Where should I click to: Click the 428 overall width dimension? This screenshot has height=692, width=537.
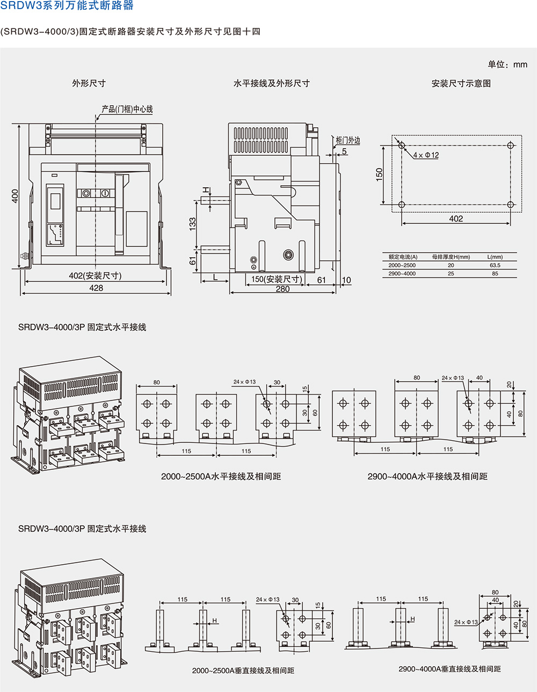click(96, 288)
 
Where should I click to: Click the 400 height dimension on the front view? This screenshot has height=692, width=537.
click(15, 196)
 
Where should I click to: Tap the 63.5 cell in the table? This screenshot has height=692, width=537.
click(495, 265)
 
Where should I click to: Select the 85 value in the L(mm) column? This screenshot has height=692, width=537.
click(495, 274)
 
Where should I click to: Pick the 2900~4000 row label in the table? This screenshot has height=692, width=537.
click(402, 274)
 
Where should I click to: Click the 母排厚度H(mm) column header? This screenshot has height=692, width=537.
click(451, 257)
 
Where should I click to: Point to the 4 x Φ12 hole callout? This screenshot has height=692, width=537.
click(426, 155)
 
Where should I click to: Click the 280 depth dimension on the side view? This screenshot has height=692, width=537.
click(282, 289)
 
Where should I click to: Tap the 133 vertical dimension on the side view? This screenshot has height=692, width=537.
click(193, 223)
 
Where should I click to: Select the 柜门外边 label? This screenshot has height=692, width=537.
click(348, 140)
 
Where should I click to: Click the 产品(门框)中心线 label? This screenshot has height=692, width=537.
click(127, 109)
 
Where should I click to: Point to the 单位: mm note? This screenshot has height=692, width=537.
click(507, 64)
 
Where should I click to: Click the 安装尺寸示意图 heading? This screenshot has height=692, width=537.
click(461, 83)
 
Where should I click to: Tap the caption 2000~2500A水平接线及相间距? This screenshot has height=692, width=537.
click(221, 476)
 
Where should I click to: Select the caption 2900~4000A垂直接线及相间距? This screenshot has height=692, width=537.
click(449, 669)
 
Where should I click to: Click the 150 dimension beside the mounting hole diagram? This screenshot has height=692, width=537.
click(380, 174)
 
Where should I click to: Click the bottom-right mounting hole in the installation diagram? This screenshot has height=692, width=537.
click(511, 205)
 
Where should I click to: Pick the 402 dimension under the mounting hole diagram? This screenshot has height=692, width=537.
click(456, 218)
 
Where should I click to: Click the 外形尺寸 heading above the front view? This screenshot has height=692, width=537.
click(89, 83)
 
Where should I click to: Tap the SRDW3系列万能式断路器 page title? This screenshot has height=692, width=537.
click(67, 6)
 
